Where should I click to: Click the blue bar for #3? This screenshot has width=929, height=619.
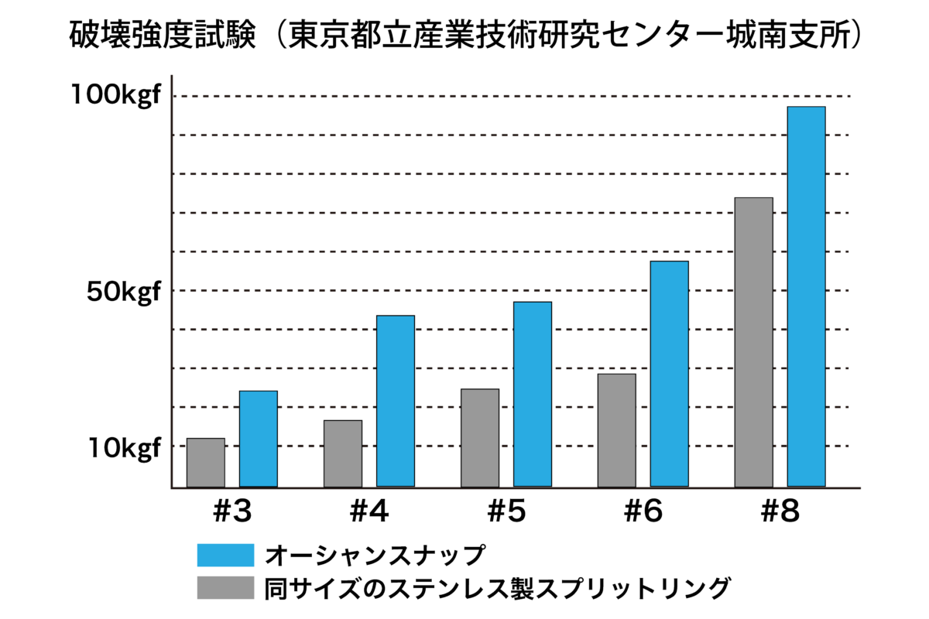click(x=258, y=439)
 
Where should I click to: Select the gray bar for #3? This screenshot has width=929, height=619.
click(x=206, y=463)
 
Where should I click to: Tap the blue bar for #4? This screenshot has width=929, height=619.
click(x=395, y=401)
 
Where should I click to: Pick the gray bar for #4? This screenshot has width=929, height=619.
click(x=343, y=453)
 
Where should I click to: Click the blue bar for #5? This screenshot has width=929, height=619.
click(x=533, y=394)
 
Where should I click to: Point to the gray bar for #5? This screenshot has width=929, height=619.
click(x=480, y=438)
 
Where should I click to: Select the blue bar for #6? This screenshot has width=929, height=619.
click(x=670, y=374)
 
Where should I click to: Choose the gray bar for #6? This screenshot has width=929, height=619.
click(x=617, y=430)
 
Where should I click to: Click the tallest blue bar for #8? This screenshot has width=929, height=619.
click(x=807, y=296)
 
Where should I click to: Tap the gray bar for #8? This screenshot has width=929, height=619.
click(x=754, y=342)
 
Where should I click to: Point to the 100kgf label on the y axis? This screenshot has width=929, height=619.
click(x=116, y=96)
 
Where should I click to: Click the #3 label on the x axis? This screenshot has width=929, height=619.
click(x=231, y=512)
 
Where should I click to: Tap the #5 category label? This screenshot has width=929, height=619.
click(x=506, y=512)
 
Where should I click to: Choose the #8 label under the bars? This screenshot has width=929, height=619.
click(x=780, y=512)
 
